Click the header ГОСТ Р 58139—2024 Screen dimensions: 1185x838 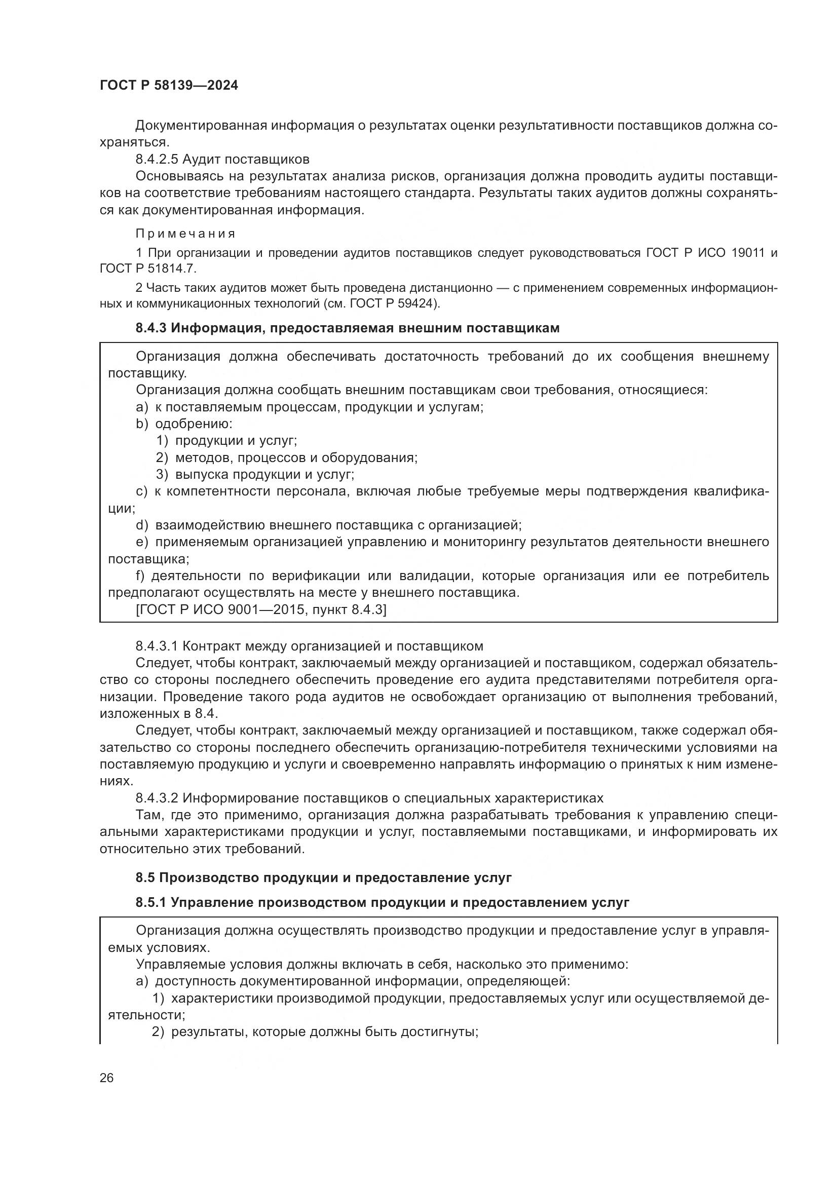tap(169, 86)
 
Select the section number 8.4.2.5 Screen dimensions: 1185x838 tap(157, 159)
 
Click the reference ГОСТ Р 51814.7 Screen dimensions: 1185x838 tap(147, 269)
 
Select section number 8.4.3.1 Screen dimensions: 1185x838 tap(157, 646)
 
